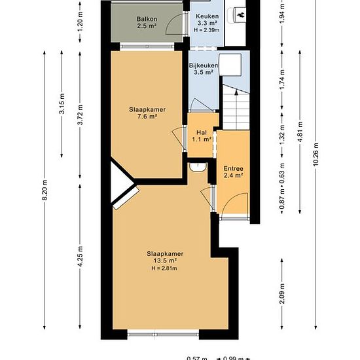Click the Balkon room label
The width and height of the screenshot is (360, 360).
pos(147,19)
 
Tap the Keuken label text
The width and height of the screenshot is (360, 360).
pos(207,16)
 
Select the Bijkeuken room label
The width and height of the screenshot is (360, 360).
pos(204,65)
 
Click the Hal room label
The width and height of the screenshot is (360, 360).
pos(202,132)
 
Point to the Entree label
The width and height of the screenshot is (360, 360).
pos(233,168)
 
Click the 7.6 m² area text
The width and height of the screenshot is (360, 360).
pos(147,117)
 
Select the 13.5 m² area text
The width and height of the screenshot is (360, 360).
pos(165,261)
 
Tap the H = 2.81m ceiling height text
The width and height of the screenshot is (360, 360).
pos(164,268)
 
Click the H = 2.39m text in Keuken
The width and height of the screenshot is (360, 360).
pos(206,30)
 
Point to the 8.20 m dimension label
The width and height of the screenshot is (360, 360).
pos(45,190)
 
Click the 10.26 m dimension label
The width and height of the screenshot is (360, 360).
pos(315,155)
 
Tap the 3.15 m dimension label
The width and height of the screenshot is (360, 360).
pos(62,103)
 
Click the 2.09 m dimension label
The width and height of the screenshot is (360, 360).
pos(282,294)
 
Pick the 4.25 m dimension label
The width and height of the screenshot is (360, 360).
pos(80,257)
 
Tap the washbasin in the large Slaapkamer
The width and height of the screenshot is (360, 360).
pos(198,167)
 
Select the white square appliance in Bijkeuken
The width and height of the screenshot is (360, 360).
pos(230,65)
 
